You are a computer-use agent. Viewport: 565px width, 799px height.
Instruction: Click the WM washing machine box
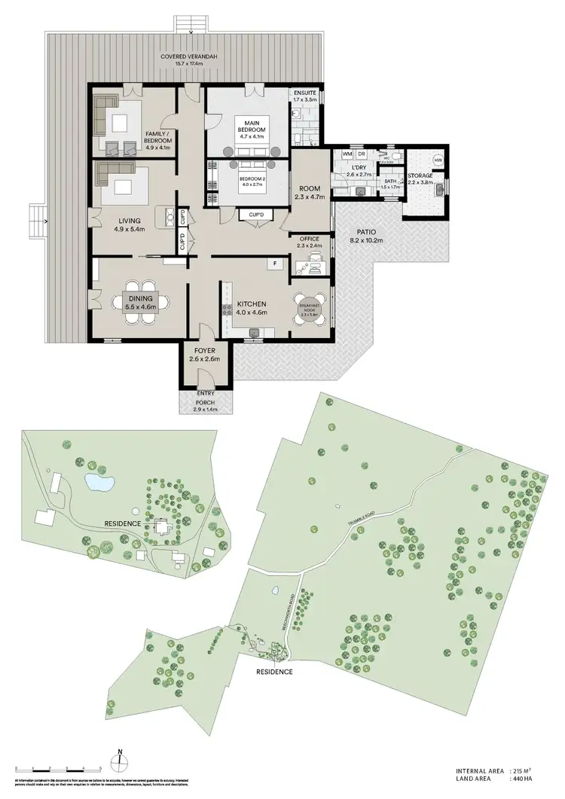tap(347, 154)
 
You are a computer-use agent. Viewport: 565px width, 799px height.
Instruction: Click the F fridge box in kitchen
tap(276, 264)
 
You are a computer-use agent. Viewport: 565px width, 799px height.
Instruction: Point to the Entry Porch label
tap(206, 397)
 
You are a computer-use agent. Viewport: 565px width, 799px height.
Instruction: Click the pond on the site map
tap(98, 480)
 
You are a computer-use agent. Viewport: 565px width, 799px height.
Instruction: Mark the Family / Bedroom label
tap(158, 137)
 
